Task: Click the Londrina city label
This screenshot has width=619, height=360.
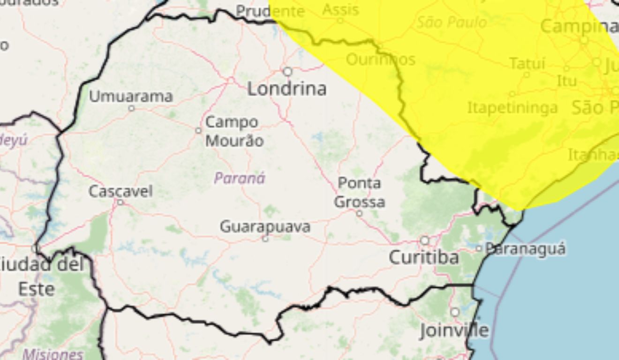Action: pos(287,89)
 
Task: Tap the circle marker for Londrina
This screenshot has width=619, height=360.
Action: pos(287,72)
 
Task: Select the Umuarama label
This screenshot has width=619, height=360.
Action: pos(131,97)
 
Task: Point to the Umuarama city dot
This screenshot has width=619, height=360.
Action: pos(131,108)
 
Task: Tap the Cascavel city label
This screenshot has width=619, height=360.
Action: pos(121,191)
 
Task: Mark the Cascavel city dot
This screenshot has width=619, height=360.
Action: pos(120,202)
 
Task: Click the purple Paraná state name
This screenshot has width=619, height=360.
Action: pos(240,178)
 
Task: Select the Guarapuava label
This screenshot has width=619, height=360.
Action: pos(265,227)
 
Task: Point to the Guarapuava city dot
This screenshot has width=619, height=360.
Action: pos(265,239)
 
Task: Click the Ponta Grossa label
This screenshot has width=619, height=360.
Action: pos(360,192)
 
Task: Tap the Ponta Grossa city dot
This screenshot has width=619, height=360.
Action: pos(359,213)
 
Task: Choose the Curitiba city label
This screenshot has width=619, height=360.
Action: pos(424,257)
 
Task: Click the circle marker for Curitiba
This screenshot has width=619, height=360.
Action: pos(424,240)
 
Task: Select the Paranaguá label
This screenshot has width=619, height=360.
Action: pos(525,248)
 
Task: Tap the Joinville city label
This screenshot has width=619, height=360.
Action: pos(454,330)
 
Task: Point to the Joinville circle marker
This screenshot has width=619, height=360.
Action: pos(455,312)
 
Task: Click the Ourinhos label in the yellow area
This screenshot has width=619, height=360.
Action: pos(380,60)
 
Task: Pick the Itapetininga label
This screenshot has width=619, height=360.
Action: pos(513,108)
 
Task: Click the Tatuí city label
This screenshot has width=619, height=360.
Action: pos(527,63)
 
